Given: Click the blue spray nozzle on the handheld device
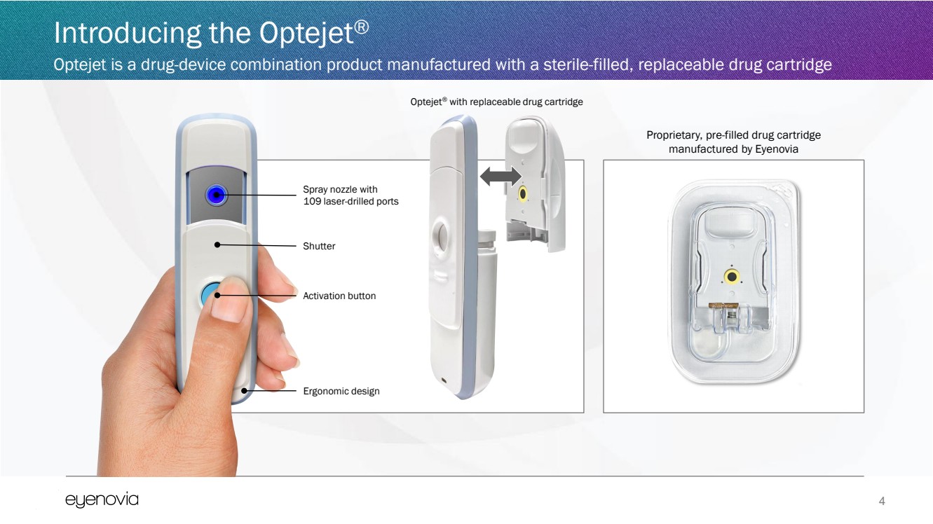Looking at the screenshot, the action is tap(216, 195).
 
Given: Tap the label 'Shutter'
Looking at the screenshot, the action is tap(319, 246).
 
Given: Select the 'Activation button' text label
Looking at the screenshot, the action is tap(339, 296).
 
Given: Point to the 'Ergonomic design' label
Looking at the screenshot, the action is tap(341, 391).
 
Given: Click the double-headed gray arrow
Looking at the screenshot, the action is tap(500, 177).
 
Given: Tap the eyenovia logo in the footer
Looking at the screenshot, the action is tap(102, 500).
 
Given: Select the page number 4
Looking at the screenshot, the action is tap(882, 501).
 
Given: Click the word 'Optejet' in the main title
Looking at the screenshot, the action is tap(306, 33).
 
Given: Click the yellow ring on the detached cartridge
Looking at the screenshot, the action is tap(522, 194).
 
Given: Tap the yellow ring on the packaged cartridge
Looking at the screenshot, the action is tap(732, 276).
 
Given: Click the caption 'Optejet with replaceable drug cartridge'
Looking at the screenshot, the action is tap(496, 102).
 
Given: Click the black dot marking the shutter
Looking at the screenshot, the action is tap(217, 244).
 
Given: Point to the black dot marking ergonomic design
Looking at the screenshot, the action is tap(244, 391).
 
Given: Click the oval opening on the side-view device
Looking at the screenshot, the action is tap(442, 235).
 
